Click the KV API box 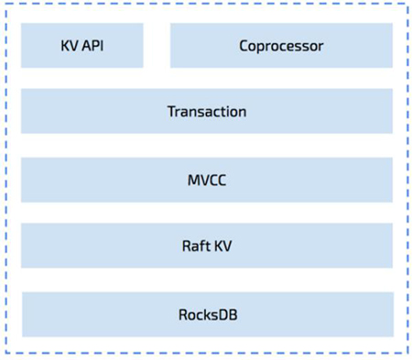82,46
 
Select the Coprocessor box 281,46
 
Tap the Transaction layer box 207,112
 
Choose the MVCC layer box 207,180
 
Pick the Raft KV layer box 207,246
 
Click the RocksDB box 207,314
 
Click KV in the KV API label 69,46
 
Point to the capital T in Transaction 171,112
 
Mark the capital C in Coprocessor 244,46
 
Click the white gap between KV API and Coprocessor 157,46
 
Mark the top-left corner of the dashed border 5,5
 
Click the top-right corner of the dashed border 407,5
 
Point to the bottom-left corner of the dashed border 5,354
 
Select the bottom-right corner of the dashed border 407,354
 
